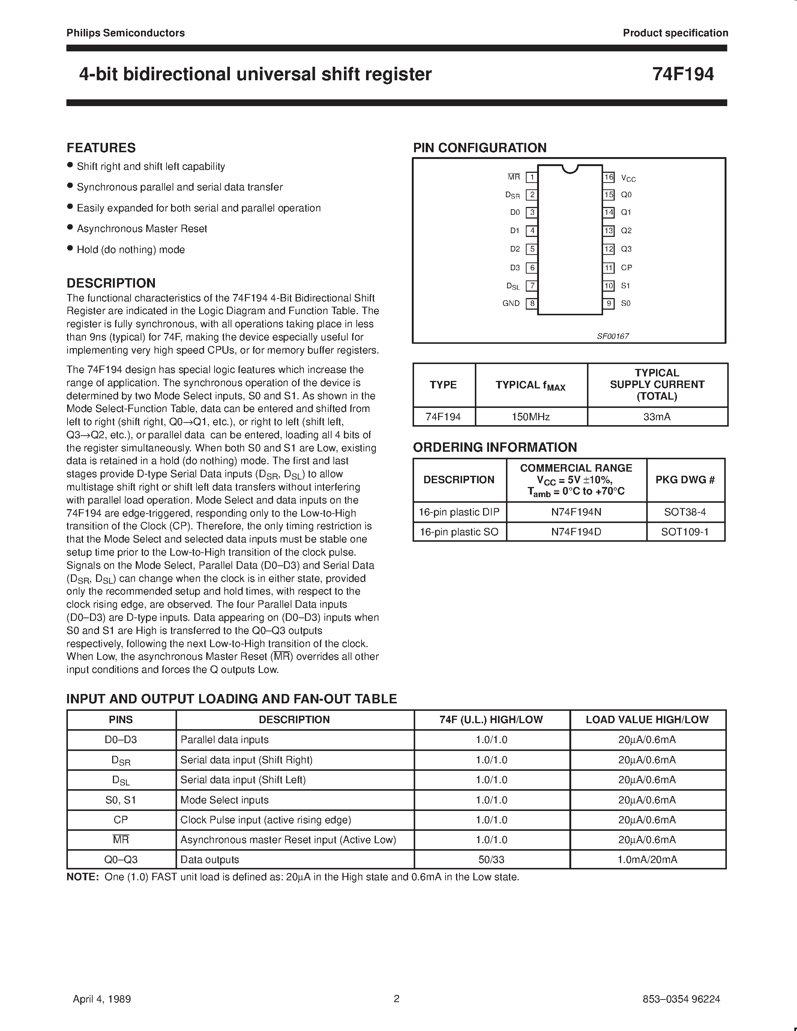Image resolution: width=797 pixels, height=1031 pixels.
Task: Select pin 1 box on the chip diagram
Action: point(532,177)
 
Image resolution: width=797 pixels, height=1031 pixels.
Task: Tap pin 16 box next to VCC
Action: point(609,177)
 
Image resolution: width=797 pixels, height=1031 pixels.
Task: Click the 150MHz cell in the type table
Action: point(531,417)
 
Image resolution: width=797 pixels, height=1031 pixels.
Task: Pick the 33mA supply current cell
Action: point(657,417)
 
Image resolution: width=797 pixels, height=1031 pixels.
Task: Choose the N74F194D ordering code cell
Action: point(576,532)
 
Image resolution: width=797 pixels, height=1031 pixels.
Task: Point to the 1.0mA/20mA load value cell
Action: point(647,860)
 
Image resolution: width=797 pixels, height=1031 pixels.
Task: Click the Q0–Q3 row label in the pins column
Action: point(121,860)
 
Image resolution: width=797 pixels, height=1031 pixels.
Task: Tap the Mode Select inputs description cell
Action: point(224,800)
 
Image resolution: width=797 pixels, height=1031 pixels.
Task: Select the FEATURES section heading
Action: point(101,148)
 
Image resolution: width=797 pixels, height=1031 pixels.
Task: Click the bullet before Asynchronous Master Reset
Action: point(70,228)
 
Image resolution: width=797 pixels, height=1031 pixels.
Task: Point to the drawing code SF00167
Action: point(613,336)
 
